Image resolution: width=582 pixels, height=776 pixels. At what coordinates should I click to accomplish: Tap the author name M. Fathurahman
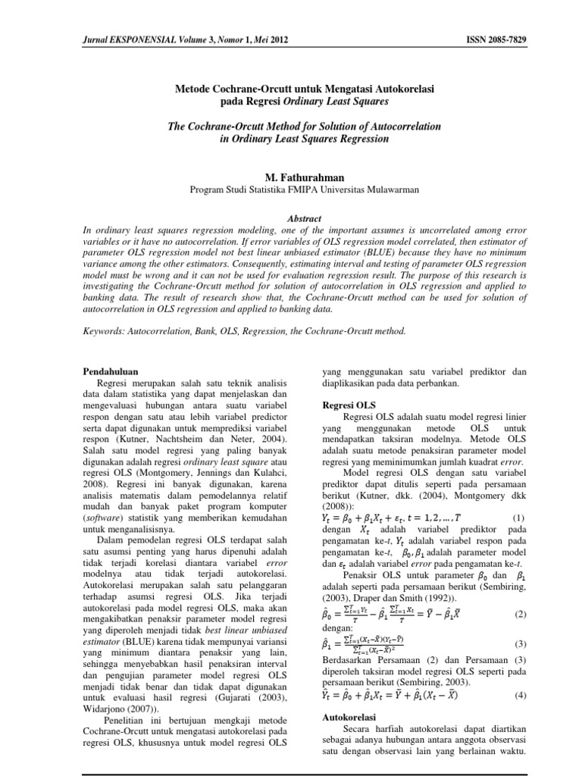[x=290, y=177]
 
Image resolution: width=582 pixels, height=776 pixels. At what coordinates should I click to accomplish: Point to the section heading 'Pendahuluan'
[x=109, y=371]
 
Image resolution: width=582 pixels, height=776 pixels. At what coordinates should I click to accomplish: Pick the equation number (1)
[x=519, y=517]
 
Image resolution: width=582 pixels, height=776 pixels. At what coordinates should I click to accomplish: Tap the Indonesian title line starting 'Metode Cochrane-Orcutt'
[x=291, y=87]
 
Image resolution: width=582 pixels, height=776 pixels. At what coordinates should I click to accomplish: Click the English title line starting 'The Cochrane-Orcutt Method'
[x=291, y=125]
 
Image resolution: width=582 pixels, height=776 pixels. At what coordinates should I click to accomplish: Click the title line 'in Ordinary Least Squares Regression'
[x=291, y=138]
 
